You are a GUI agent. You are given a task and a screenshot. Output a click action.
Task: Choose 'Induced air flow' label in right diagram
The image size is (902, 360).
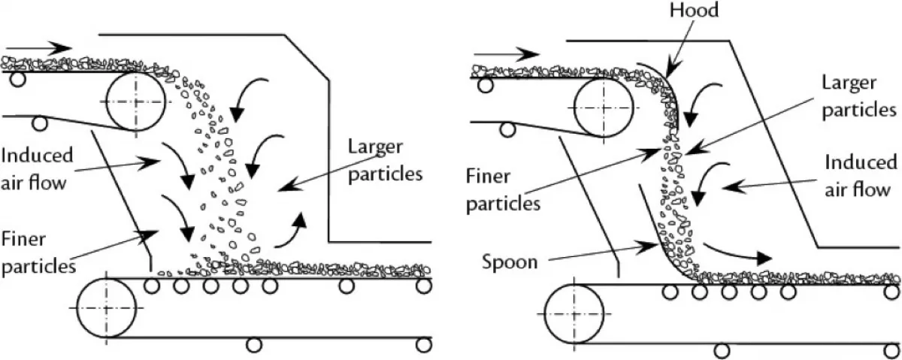point(861,174)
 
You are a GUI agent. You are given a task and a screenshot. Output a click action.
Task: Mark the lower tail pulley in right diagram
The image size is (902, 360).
point(574,316)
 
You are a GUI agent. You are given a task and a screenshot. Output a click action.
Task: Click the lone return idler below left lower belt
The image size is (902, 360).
point(255,344)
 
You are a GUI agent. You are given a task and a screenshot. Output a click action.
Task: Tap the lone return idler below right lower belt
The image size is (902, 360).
point(722,350)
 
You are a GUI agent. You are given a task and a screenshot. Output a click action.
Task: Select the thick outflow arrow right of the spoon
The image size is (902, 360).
point(740,253)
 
